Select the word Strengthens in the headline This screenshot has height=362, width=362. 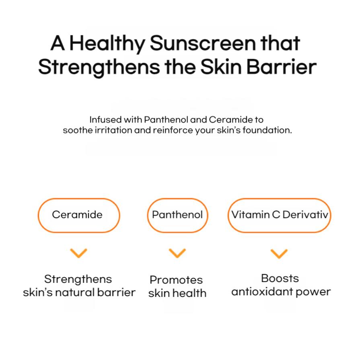[x=99, y=67]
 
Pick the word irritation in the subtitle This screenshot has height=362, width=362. [x=117, y=131]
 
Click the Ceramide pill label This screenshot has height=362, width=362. [x=77, y=215]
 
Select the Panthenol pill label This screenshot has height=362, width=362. [x=177, y=215]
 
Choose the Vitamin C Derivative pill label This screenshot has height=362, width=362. [x=280, y=215]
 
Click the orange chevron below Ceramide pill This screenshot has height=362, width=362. [x=78, y=253]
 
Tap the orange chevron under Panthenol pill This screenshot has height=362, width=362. [x=177, y=253]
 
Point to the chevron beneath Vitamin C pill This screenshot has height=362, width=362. [x=279, y=253]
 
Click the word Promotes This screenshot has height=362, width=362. [x=176, y=280]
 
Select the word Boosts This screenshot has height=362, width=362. [x=280, y=278]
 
